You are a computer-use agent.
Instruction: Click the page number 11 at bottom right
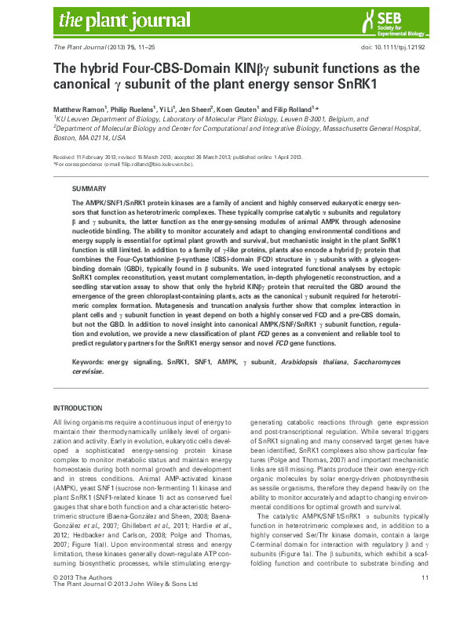click(424, 599)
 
